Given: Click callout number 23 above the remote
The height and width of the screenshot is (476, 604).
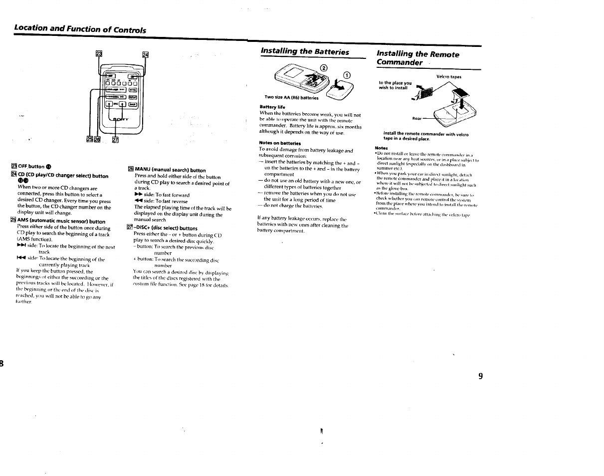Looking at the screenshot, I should (x=99, y=54).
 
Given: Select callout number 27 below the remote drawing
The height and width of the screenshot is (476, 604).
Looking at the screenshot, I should (x=115, y=140).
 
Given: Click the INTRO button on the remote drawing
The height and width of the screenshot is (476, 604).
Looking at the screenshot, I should (x=133, y=89).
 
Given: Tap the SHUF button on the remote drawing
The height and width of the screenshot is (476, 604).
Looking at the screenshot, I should (x=132, y=104).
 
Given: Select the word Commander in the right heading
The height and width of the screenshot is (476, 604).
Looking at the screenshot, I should (x=400, y=63).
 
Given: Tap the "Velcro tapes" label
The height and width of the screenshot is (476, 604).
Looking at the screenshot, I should (x=449, y=77).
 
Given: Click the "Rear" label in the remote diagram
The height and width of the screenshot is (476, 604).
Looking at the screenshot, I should (x=417, y=118).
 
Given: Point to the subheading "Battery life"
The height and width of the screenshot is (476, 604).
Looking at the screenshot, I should (x=272, y=107).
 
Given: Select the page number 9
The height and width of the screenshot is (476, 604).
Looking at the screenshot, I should (x=480, y=376).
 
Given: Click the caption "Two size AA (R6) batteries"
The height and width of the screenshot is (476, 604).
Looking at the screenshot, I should (x=291, y=98).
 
